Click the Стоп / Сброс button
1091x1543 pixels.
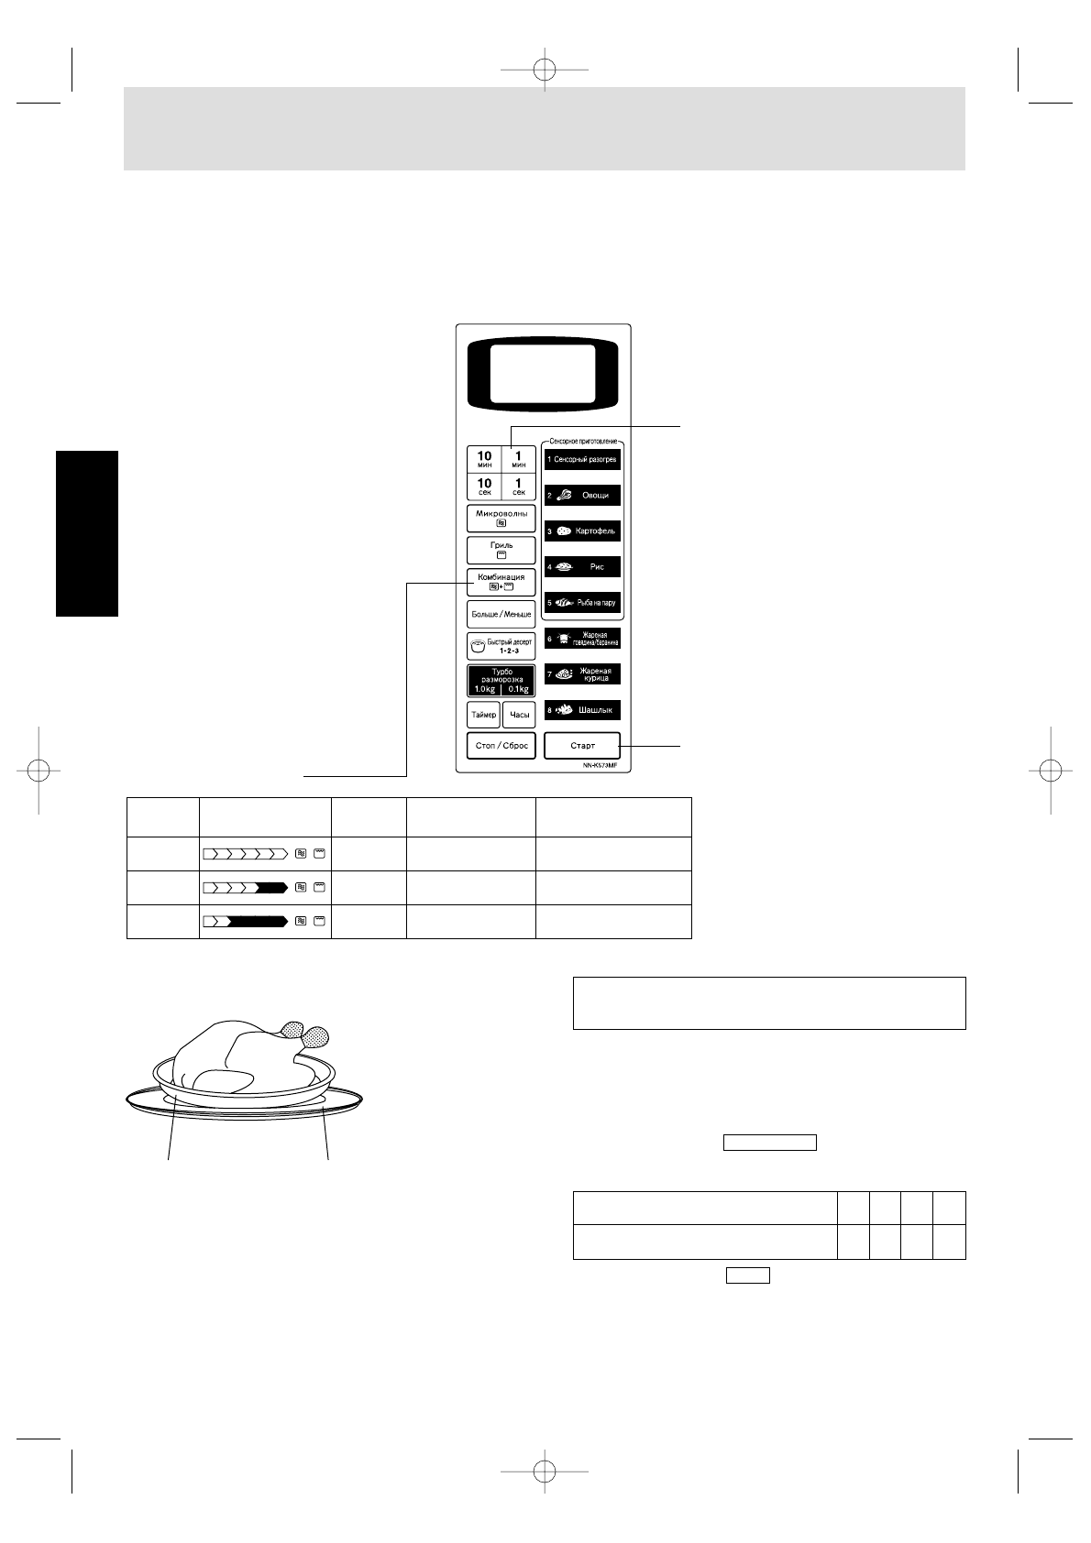coord(501,746)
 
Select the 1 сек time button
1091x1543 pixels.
coord(519,486)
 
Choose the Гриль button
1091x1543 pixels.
coord(501,550)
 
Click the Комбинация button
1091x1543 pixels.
coord(501,582)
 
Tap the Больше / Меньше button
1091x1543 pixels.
coord(501,614)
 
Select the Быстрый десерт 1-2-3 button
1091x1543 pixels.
coord(501,646)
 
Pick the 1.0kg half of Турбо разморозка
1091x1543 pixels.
coord(484,689)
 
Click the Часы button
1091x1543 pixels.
coord(519,715)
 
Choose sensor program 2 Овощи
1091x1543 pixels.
coord(582,495)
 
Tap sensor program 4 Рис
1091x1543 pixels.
coord(582,566)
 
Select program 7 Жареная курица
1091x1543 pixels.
coord(582,674)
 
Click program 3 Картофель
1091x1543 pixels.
coord(582,531)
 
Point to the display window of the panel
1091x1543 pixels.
coord(542,376)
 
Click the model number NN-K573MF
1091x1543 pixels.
coord(601,765)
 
